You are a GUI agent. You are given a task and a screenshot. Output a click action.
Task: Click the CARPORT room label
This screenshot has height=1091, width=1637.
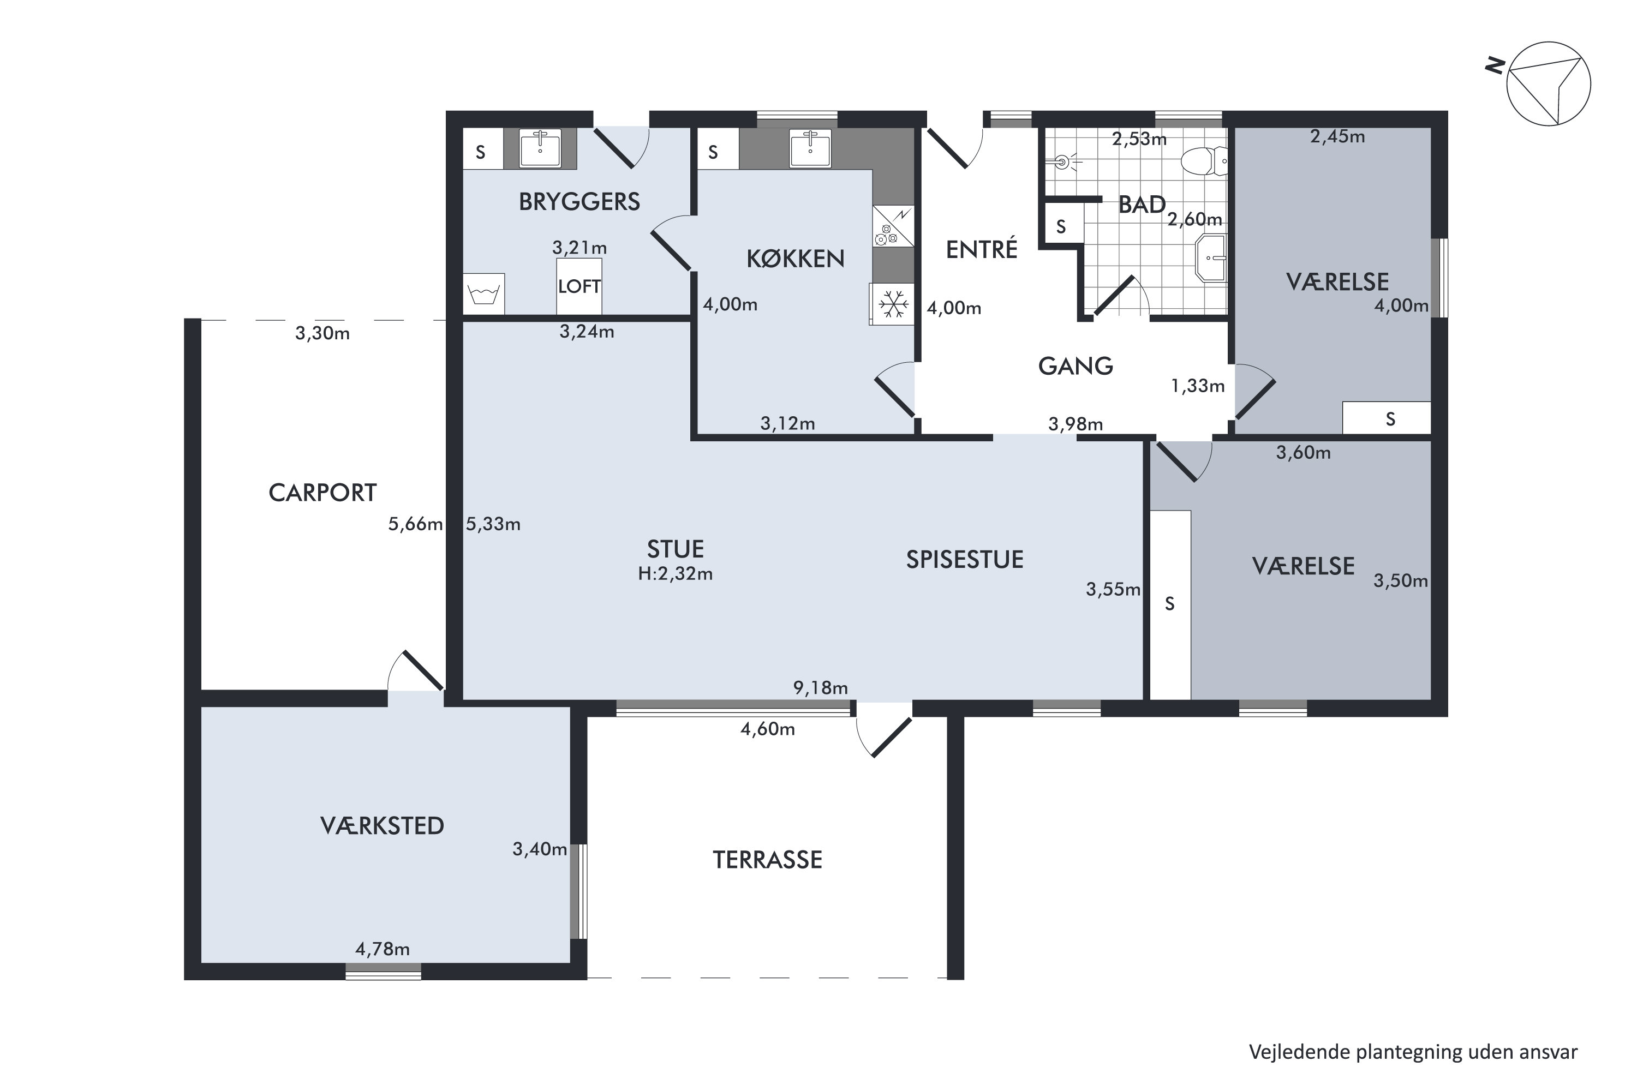click(322, 493)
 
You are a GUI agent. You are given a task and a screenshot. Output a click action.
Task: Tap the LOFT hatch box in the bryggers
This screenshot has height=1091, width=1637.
click(579, 286)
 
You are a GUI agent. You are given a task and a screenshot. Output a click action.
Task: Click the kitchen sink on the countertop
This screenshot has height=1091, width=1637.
click(810, 148)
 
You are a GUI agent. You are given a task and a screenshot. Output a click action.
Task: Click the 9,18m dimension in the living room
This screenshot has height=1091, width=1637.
click(821, 688)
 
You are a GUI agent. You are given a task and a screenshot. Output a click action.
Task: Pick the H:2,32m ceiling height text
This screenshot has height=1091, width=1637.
click(675, 574)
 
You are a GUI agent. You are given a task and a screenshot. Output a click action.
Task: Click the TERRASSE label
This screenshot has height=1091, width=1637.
click(767, 860)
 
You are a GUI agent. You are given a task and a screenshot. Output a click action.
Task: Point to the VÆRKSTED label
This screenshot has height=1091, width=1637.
click(382, 826)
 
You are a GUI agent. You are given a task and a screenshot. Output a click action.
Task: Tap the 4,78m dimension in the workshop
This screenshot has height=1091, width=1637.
click(383, 949)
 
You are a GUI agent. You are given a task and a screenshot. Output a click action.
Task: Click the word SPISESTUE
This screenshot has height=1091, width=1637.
click(965, 560)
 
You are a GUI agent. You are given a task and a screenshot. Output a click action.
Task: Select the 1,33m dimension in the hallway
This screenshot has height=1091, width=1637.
click(1198, 386)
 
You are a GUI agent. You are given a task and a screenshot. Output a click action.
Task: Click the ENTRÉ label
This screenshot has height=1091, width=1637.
click(981, 249)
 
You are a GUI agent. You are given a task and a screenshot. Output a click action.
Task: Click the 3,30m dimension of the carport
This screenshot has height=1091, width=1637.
click(322, 333)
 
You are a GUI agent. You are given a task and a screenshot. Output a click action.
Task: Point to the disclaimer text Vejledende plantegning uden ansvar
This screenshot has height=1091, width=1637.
click(1413, 1052)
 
